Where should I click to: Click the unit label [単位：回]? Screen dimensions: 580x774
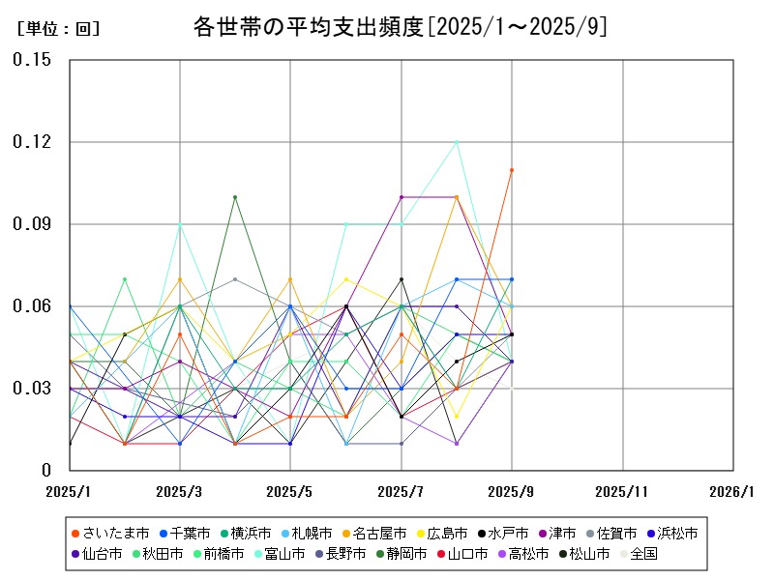[x=58, y=29]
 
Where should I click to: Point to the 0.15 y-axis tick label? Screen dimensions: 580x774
[x=32, y=60]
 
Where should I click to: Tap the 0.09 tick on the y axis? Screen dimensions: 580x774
[x=32, y=224]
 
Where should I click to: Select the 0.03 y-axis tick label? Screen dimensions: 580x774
[x=32, y=389]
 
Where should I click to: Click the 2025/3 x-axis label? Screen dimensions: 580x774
[x=179, y=491]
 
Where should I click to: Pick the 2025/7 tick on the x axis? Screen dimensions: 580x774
[x=401, y=491]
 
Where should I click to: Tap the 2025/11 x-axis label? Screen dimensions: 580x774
[x=622, y=491]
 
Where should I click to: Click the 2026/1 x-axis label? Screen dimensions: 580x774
[x=731, y=491]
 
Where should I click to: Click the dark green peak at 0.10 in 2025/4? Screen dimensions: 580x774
[x=235, y=197]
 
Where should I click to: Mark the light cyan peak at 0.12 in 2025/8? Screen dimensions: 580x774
[x=457, y=142]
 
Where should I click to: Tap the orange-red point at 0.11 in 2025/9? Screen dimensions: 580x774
[x=512, y=170]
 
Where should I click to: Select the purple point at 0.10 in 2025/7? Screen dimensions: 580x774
[x=401, y=197]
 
